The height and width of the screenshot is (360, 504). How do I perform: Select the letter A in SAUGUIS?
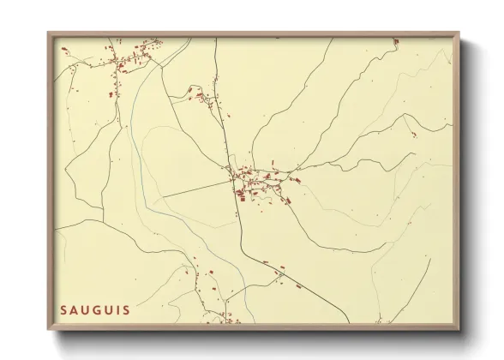click(x=75, y=310)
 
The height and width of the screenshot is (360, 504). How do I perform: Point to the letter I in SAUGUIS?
click(x=116, y=310)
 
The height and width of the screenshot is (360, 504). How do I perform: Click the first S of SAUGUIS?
click(x=63, y=310)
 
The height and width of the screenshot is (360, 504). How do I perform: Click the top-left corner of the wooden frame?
click(x=49, y=33)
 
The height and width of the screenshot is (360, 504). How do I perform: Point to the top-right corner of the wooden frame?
click(x=459, y=33)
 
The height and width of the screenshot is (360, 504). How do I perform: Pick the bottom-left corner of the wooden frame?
click(x=49, y=329)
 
